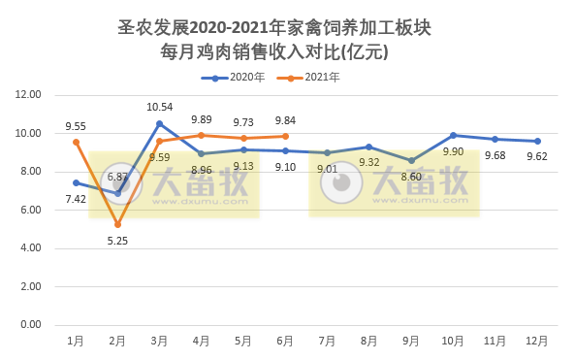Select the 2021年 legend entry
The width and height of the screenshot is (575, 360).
click(321, 77)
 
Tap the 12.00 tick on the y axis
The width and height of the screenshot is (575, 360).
click(28, 95)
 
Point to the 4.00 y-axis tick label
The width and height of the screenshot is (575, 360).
click(28, 248)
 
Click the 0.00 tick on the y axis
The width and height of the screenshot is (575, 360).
click(28, 325)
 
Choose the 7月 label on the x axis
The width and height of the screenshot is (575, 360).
click(327, 342)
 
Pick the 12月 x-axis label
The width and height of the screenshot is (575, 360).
click(536, 342)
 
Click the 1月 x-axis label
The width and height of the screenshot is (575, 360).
click(75, 342)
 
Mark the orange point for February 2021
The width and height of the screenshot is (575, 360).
click(117, 224)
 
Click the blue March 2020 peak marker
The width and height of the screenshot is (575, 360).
click(159, 123)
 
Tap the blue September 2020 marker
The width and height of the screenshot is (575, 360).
click(411, 160)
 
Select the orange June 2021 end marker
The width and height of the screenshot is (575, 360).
click(285, 137)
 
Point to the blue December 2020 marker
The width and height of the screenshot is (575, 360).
click(537, 141)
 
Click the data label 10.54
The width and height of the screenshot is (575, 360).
click(159, 107)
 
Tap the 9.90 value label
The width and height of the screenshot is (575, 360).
click(453, 151)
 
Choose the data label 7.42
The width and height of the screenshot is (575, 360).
click(75, 198)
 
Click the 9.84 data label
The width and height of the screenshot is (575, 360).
click(285, 120)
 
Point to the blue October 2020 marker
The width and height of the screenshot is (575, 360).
click(453, 135)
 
